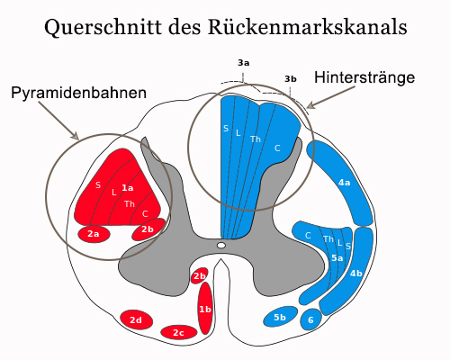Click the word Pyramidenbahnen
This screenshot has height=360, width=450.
(x=78, y=94)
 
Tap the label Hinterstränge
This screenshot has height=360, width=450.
(x=364, y=77)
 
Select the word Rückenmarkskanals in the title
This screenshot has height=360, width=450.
(x=307, y=27)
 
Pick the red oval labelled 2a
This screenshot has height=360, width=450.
(x=94, y=234)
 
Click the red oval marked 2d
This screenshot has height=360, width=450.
(x=136, y=320)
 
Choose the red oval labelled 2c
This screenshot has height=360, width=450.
(x=179, y=332)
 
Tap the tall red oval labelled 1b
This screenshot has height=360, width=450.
(x=205, y=308)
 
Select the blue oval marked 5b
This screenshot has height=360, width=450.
(x=280, y=317)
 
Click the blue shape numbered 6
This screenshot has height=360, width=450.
(x=311, y=319)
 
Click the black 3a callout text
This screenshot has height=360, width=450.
(x=244, y=63)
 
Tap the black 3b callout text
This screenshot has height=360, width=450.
(x=291, y=79)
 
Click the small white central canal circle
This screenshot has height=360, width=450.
(x=221, y=246)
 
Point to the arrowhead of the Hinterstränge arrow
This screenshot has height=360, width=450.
(x=310, y=105)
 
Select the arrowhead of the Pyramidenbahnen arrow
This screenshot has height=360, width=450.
(x=75, y=136)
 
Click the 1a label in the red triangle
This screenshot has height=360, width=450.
(x=128, y=188)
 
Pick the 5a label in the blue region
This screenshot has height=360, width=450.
(x=337, y=257)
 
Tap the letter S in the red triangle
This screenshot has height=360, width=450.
(x=98, y=185)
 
